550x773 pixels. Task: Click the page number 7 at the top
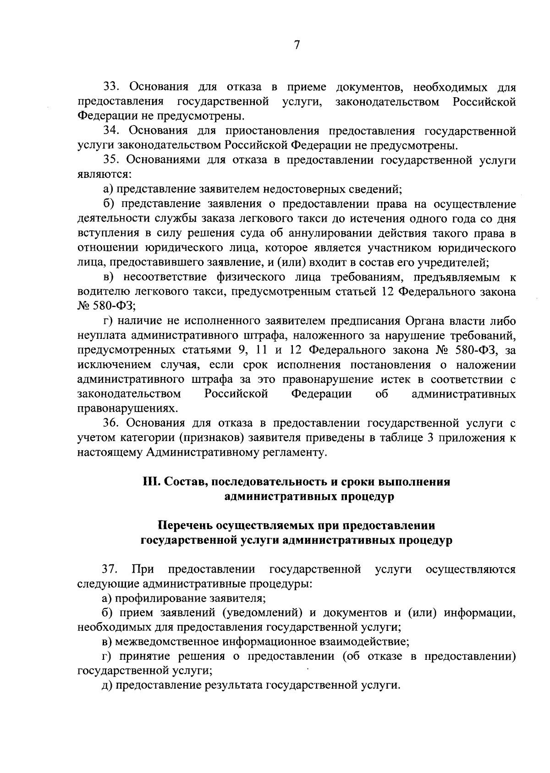click(x=297, y=45)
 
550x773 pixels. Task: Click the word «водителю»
click(x=98, y=292)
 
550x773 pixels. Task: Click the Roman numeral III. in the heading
click(x=151, y=482)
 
